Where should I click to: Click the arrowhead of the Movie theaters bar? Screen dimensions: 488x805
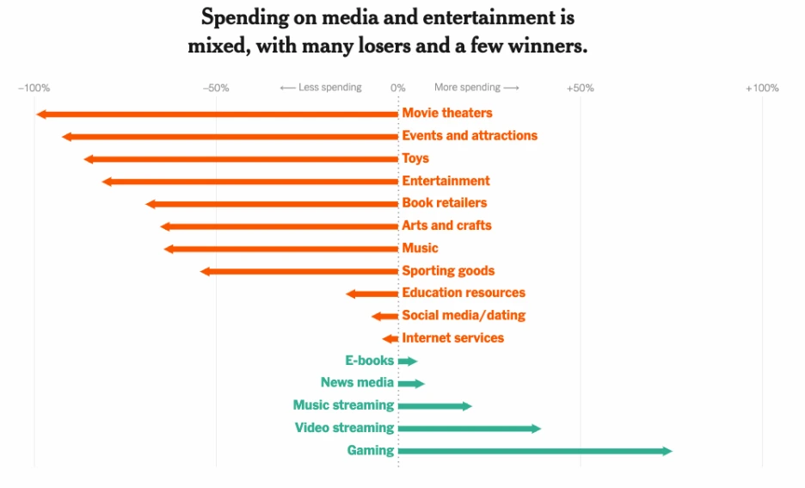point(40,114)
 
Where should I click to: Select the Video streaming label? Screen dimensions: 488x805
point(344,428)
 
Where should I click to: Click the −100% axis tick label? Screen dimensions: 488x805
point(34,88)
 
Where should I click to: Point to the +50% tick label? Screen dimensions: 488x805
point(580,88)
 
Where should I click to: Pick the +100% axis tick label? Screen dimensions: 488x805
point(761,88)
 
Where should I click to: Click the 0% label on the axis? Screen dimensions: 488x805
point(397,88)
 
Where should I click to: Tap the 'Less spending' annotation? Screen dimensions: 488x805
point(321,88)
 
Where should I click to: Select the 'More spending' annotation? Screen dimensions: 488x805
point(476,88)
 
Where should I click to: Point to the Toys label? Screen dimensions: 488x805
point(415,158)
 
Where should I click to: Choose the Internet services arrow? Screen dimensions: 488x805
point(390,339)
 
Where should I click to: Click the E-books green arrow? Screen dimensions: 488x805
point(408,361)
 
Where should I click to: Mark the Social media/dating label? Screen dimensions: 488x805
point(464,315)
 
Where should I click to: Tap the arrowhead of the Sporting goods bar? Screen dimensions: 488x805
point(205,271)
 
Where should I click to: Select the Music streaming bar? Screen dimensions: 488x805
point(434,405)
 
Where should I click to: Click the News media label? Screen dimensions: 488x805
point(357,383)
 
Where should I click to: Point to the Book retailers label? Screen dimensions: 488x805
point(445,203)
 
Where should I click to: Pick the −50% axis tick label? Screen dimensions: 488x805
point(215,88)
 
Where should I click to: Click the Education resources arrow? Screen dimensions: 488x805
point(372,293)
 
